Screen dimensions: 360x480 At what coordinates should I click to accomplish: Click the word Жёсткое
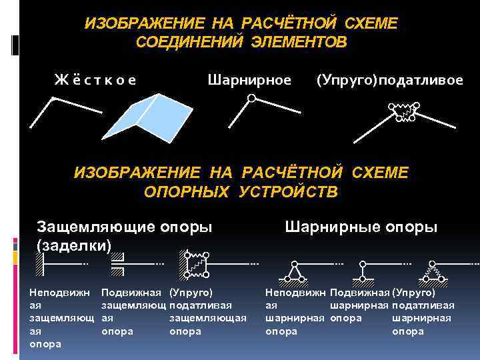coord(95,81)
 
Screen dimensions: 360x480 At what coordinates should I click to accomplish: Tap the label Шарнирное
coord(249,81)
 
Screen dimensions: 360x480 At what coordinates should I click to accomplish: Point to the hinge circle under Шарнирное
coord(251,99)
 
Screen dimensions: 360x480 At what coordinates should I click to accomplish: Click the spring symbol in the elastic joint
coord(403,107)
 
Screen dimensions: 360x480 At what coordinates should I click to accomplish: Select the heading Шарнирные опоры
coord(361,227)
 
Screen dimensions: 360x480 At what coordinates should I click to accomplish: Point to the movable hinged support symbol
coord(363,271)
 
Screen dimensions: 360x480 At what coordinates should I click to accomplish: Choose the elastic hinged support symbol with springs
coord(432,271)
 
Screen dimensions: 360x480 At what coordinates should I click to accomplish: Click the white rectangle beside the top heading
coord(16,45)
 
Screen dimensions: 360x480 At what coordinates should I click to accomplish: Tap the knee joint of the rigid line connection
coord(53,99)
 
